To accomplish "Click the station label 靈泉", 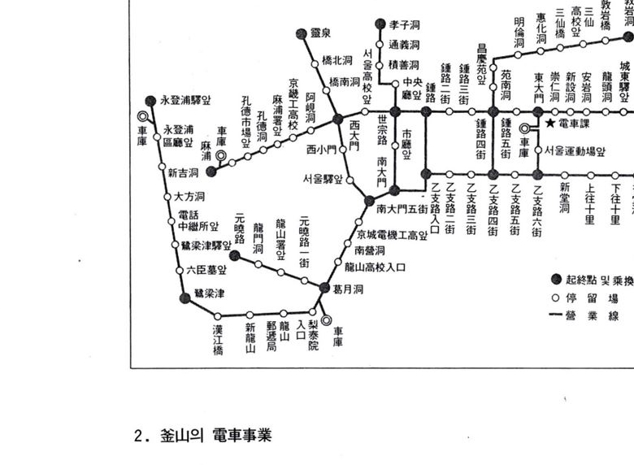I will click(320, 33).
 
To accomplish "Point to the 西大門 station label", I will click(354, 135).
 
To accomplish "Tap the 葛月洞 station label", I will click(347, 289).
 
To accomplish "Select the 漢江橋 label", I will click(218, 339).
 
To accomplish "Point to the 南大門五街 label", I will click(402, 209).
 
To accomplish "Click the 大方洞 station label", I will click(189, 198).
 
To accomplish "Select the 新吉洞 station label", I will click(183, 172).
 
